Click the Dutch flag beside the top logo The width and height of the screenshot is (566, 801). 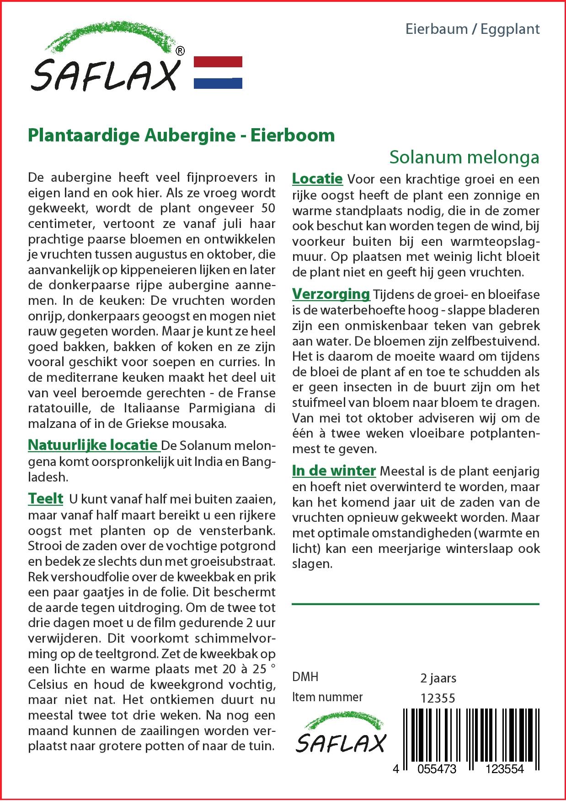pos(218,72)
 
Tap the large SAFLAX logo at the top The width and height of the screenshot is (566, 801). pos(106,60)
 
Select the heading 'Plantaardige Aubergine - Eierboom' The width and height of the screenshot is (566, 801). pos(182,135)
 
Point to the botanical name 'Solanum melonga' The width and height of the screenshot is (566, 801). pos(464,157)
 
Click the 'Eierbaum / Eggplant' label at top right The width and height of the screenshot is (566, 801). pos(473,29)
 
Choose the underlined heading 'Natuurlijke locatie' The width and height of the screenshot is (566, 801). pos(93,444)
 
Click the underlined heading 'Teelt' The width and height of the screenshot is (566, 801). pos(45,498)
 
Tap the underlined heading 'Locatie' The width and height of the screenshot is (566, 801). pos(317,179)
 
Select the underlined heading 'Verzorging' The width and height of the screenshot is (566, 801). pos(331,293)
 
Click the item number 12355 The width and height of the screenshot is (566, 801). pos(438,698)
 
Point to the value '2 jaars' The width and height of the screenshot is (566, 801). pos(438,678)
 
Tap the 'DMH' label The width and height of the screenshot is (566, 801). pos(305,677)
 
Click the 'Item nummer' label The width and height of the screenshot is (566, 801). pos(327,697)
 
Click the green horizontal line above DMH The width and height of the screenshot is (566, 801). pos(415,604)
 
